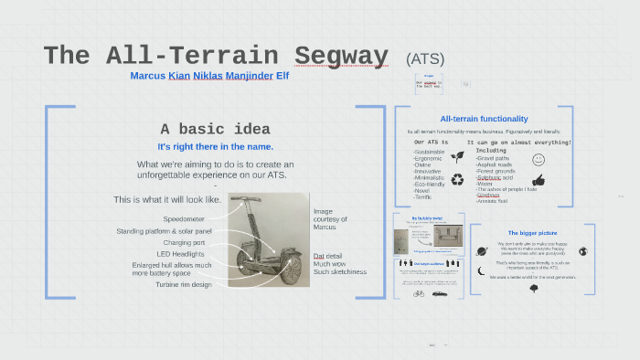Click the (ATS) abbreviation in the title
point(425,58)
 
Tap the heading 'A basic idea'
point(215,129)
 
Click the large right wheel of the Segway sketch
point(290,269)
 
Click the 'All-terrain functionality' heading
point(484,119)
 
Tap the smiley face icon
point(539,159)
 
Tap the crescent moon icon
point(481,270)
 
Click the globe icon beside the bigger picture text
point(582,250)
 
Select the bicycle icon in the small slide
point(419,293)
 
